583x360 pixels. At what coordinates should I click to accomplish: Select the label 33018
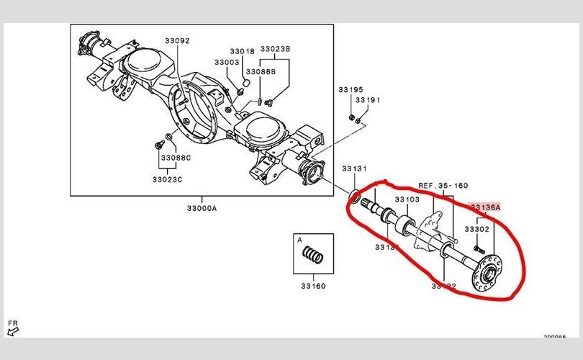point(242,52)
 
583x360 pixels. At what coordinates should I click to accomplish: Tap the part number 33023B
point(275,49)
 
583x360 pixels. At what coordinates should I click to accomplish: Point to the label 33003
point(227,63)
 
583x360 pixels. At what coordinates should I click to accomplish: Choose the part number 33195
point(351,90)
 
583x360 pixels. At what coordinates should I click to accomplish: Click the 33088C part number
point(176,158)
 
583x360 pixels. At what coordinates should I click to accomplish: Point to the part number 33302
point(476,228)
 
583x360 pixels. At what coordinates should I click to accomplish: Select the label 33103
point(407,199)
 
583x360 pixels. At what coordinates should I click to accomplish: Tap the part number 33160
point(313,286)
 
